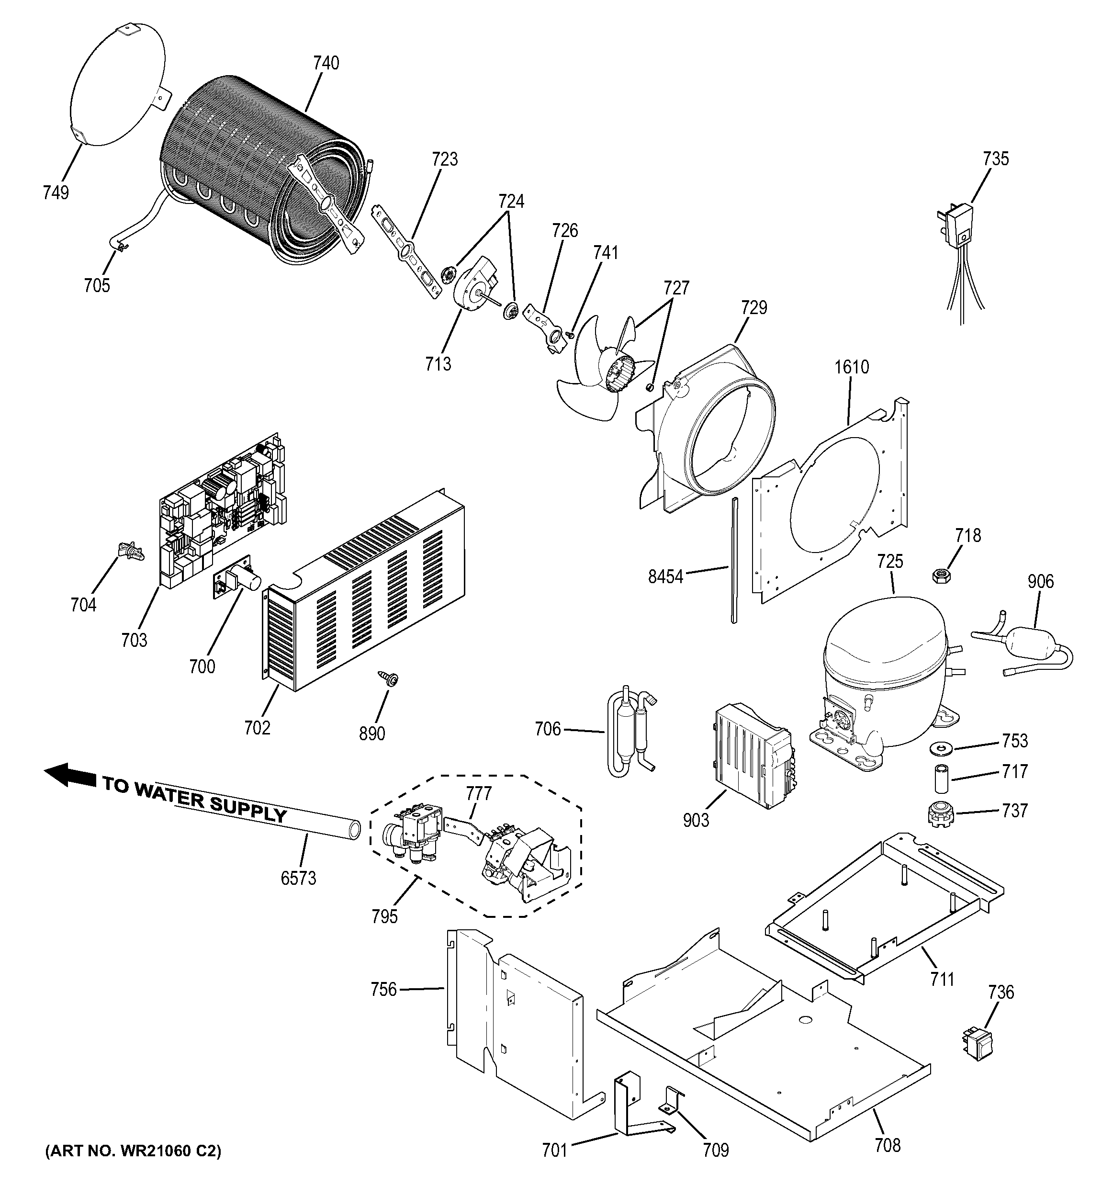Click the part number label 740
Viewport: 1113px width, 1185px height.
tap(326, 63)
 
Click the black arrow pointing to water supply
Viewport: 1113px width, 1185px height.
tap(70, 776)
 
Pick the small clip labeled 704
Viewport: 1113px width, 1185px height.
tap(132, 550)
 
